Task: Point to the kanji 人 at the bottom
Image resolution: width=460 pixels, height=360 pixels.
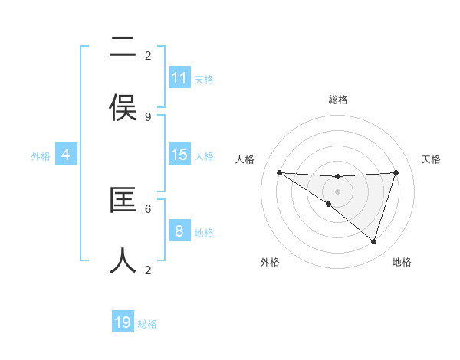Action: point(123,260)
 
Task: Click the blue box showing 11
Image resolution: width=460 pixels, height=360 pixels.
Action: point(179,78)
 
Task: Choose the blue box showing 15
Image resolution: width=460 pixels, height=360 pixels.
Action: point(179,155)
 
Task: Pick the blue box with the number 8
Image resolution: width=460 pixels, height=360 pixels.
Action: point(179,231)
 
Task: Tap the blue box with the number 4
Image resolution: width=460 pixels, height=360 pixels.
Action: point(66,155)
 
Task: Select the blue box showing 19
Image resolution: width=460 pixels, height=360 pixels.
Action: point(123,322)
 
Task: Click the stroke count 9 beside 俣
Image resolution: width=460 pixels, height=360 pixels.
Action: point(148,117)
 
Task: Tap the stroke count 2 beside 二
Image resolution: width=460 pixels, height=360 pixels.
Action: point(148,55)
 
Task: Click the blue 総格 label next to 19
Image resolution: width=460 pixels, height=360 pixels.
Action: point(147,324)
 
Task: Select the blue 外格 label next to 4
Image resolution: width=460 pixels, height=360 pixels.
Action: point(41,156)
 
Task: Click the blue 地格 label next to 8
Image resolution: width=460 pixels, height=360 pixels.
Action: point(204,233)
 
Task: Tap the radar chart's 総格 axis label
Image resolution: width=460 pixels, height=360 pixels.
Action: point(337,100)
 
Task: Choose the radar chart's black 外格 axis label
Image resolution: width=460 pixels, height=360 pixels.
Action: point(270,262)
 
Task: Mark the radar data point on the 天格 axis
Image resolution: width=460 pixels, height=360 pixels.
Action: point(396,172)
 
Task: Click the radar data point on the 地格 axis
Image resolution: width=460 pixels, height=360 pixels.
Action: point(373,241)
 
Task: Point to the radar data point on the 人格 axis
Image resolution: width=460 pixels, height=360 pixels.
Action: point(279,172)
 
